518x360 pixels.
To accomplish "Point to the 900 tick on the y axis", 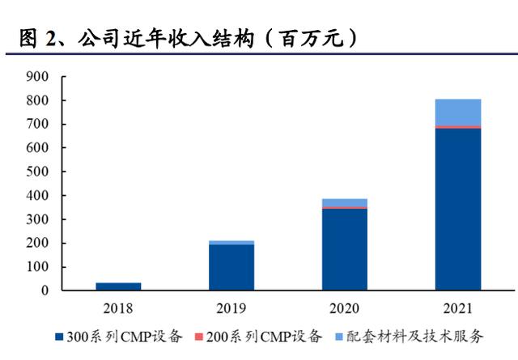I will (x=38, y=77).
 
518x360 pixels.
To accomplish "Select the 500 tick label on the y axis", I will (x=38, y=172).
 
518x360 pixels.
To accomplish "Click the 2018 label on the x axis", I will (x=118, y=309).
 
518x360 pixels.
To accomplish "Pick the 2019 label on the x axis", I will (x=231, y=309).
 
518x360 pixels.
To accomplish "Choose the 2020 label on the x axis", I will (x=344, y=309).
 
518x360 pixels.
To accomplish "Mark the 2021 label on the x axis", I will (x=457, y=309).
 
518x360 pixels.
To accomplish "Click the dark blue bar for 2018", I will (x=118, y=286).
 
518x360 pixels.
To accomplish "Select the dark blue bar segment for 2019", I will (x=231, y=267).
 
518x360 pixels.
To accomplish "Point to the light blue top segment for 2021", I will (x=457, y=112).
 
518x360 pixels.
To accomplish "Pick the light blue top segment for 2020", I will (x=344, y=202).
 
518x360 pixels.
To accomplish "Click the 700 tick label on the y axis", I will (x=38, y=125).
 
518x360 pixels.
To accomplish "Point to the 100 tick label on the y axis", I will (x=38, y=267).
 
